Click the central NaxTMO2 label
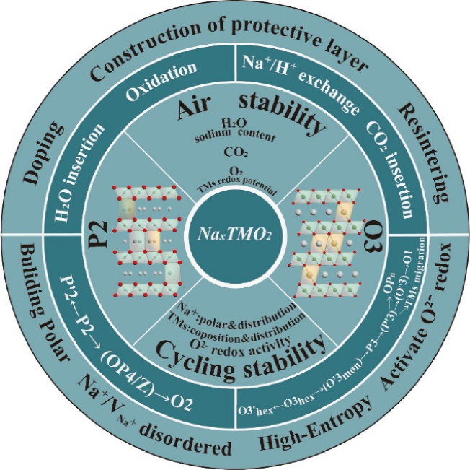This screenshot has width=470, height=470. click(x=234, y=235)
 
